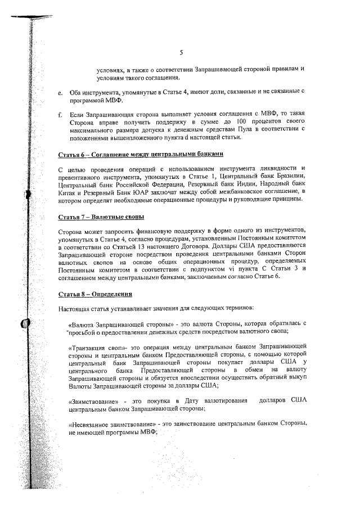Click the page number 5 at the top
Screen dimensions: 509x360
pyautogui.click(x=181, y=53)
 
